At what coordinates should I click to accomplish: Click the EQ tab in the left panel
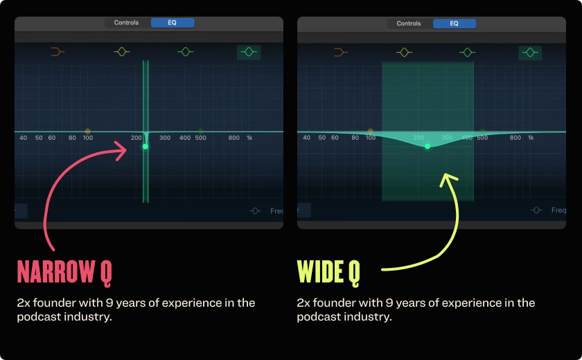[x=173, y=23]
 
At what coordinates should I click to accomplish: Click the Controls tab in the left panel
[x=126, y=23]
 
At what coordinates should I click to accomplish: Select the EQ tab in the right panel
[x=455, y=24]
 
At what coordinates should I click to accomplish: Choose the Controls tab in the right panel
[x=409, y=24]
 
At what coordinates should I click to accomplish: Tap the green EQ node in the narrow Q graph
[x=145, y=146]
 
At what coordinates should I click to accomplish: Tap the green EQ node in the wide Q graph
[x=427, y=146]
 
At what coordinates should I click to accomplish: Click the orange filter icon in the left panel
[x=58, y=52]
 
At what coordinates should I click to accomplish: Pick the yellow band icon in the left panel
[x=122, y=52]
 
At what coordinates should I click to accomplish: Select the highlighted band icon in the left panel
[x=249, y=52]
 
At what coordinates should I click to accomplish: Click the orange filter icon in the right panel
[x=340, y=52]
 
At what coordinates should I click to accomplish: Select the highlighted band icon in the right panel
[x=531, y=52]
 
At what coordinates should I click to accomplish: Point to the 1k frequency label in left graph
[x=249, y=138]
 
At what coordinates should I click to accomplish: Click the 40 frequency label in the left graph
[x=24, y=138]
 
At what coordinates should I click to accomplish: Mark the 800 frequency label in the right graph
[x=515, y=138]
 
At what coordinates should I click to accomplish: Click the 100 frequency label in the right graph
[x=371, y=138]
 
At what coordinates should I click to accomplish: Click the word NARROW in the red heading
[x=55, y=272]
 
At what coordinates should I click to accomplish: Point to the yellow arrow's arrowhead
[x=448, y=179]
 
